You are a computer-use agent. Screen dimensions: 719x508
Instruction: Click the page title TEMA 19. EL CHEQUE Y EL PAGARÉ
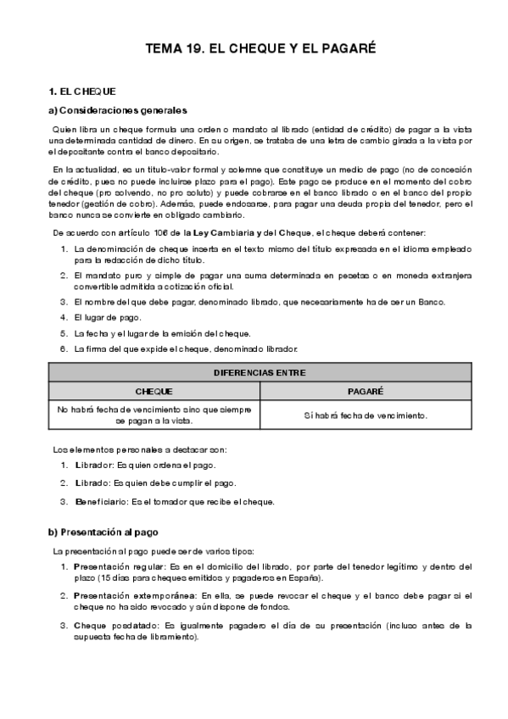click(254, 50)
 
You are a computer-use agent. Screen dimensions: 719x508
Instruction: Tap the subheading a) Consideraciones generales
click(118, 110)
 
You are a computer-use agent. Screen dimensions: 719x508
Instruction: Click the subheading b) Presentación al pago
click(106, 532)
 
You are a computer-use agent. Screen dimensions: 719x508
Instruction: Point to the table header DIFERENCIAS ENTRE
click(260, 372)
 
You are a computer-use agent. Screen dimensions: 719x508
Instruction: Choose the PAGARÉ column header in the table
click(366, 392)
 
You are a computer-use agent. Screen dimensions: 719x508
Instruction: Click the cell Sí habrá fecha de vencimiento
click(366, 415)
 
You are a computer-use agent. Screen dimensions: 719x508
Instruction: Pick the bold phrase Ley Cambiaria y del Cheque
click(235, 231)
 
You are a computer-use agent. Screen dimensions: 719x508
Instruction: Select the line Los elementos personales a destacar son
click(140, 449)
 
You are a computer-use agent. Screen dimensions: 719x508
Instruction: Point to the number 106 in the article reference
click(137, 231)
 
